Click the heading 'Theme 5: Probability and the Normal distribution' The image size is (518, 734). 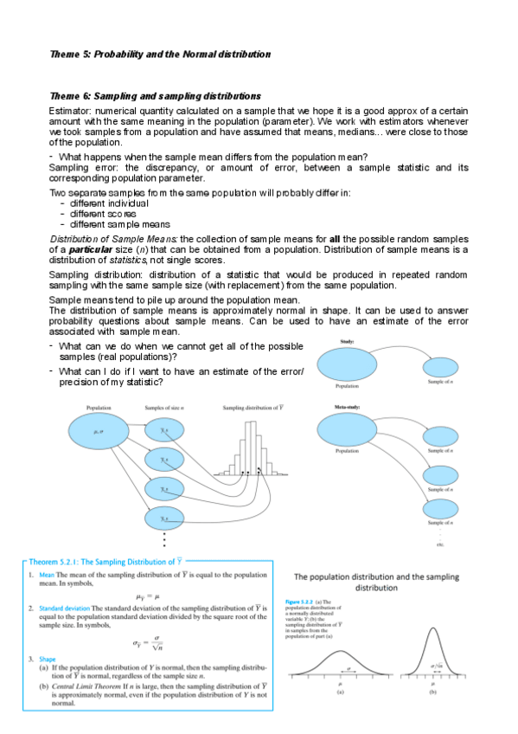coord(160,54)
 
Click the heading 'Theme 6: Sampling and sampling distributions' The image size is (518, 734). coord(156,96)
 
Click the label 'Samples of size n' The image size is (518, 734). coord(167,407)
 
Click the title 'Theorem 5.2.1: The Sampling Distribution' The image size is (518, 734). coord(105,561)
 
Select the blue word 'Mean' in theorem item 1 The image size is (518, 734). coord(48,574)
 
